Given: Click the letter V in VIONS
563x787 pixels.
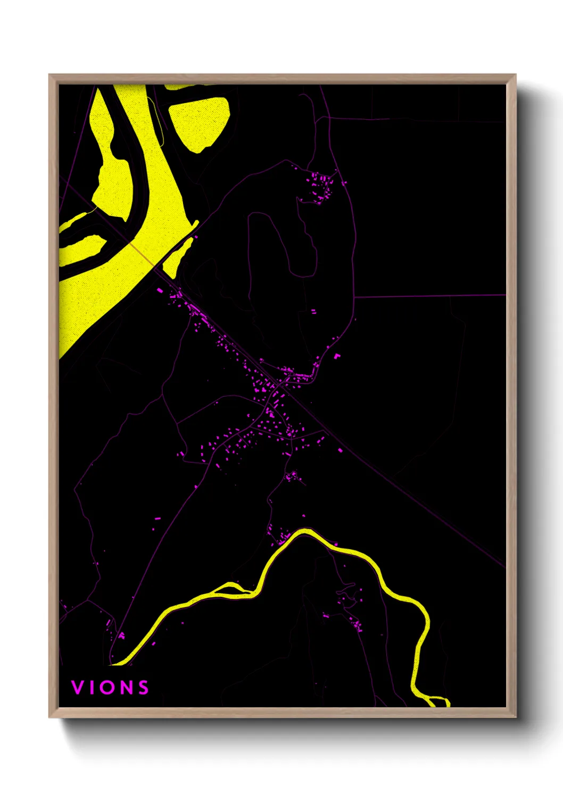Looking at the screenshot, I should [x=77, y=688].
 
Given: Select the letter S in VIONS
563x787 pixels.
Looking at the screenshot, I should [x=143, y=688].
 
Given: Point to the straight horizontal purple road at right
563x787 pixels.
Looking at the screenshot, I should [x=426, y=296].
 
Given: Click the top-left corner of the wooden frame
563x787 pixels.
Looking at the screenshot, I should [x=50, y=75].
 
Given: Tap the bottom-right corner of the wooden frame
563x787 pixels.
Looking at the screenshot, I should [x=515, y=716].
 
